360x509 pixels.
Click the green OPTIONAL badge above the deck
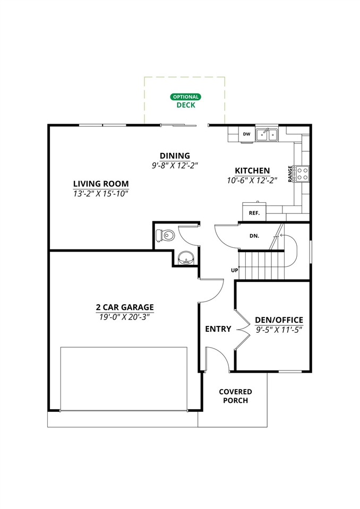185,97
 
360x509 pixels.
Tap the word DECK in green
186,105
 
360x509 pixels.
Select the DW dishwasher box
246,134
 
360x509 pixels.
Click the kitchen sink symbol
267,135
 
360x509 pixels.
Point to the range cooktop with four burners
303,174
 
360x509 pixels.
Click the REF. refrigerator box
254,213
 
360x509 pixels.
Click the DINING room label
174,156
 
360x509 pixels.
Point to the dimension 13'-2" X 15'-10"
101,194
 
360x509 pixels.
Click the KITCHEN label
252,171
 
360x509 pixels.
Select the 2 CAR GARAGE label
125,307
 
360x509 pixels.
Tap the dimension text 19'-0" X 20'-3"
125,317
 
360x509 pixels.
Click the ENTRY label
218,329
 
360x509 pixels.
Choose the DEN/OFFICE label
279,320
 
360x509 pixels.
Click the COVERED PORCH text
235,396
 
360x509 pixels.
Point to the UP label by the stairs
234,270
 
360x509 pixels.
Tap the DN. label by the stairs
254,236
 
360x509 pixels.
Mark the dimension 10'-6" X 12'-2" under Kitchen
252,180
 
